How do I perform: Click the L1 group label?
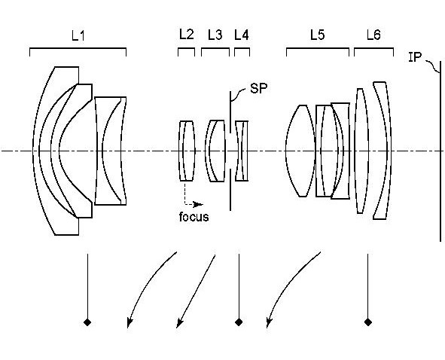coord(78,36)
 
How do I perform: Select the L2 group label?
coord(187,35)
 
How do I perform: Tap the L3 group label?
coord(215,35)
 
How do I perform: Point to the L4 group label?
coord(242,35)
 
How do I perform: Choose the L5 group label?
coord(317,35)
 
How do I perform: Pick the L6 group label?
coord(373,35)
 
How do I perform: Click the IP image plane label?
coord(415,57)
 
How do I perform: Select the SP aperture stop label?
coord(258,88)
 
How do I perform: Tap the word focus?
coord(194,217)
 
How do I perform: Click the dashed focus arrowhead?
coord(199,204)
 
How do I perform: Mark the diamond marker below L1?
coord(87,322)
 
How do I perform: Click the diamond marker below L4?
coord(239,322)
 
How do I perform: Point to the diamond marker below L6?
coord(368,322)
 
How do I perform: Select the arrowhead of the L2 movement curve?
coord(130,322)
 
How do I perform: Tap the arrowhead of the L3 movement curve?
coord(179,322)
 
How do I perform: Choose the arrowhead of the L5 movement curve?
coord(269,322)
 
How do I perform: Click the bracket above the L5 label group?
coord(318,48)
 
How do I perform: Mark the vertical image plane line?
coord(440,151)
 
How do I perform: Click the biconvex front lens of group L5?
coord(300,151)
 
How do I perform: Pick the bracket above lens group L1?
coord(78,48)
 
